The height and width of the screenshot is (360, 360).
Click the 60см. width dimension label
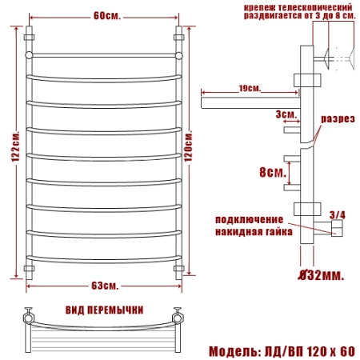[x=107, y=16]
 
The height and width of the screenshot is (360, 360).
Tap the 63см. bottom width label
[x=105, y=286]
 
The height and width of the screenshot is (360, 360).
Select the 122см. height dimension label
[x=16, y=146]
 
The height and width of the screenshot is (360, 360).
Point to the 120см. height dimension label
[x=188, y=146]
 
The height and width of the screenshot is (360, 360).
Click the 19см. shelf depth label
[x=250, y=88]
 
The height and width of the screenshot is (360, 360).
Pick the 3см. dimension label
[x=286, y=114]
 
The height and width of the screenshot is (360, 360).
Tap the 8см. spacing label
[x=273, y=172]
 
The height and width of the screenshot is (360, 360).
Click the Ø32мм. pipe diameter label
[x=321, y=275]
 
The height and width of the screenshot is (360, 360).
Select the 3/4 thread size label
[x=338, y=215]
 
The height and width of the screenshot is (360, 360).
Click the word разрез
[x=338, y=119]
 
